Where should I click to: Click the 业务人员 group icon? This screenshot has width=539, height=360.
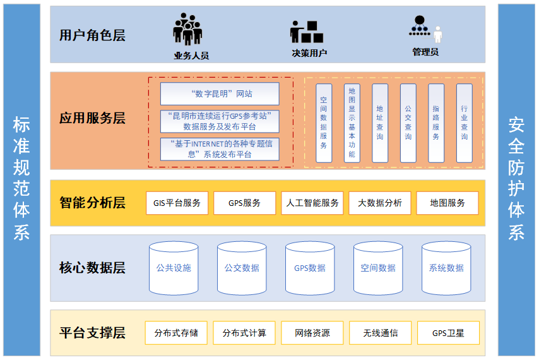pos(188,29)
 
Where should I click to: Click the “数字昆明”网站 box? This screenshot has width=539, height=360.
pos(220,93)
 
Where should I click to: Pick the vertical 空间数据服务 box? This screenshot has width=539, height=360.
pos(323,123)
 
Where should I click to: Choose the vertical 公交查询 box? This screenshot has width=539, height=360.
pos(408,123)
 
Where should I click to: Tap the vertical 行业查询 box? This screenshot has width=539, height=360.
pos(465,123)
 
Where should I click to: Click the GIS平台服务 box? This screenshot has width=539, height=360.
pos(177,203)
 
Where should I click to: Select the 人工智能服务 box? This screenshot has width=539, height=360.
pos(312,203)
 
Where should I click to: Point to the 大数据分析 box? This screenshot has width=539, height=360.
pos(380,203)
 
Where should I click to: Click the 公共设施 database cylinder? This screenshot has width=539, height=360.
pos(174,268)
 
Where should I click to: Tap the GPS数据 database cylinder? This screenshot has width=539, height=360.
pos(310,268)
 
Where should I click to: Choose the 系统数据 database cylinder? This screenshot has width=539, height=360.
pos(446,268)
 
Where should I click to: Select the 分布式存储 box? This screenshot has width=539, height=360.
pos(176,333)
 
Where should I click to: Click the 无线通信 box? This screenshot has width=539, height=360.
pos(381,333)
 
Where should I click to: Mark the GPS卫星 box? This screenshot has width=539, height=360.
pos(448,333)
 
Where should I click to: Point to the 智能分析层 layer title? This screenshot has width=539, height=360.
pos(92,203)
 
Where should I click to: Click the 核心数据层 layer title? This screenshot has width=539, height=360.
pos(92,268)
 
